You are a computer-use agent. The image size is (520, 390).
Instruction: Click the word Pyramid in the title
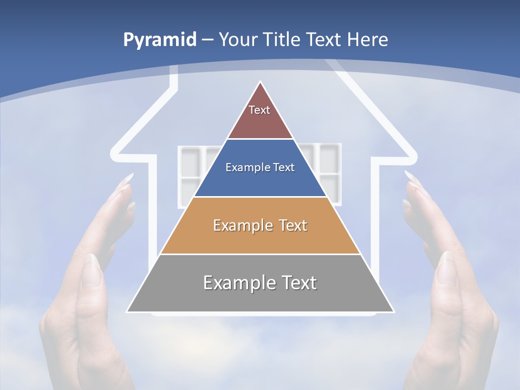pos(160,40)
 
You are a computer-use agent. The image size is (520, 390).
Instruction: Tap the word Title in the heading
pos(284,40)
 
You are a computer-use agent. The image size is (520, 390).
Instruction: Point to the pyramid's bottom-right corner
pos(393,311)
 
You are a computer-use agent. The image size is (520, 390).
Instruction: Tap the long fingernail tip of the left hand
pos(130,176)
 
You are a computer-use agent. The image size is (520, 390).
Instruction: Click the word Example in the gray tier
pos(233,283)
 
